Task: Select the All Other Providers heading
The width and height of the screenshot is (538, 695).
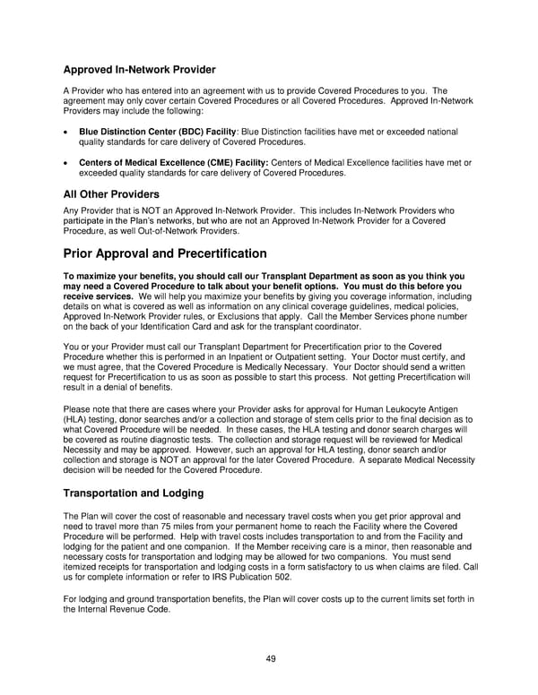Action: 111,194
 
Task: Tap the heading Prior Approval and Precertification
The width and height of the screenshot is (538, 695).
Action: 165,253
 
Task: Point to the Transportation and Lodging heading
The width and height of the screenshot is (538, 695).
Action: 134,493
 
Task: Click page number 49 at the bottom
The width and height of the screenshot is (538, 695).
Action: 270,658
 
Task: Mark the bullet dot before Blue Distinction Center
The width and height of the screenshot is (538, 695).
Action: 66,131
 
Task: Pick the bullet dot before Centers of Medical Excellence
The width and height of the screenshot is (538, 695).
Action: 66,162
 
